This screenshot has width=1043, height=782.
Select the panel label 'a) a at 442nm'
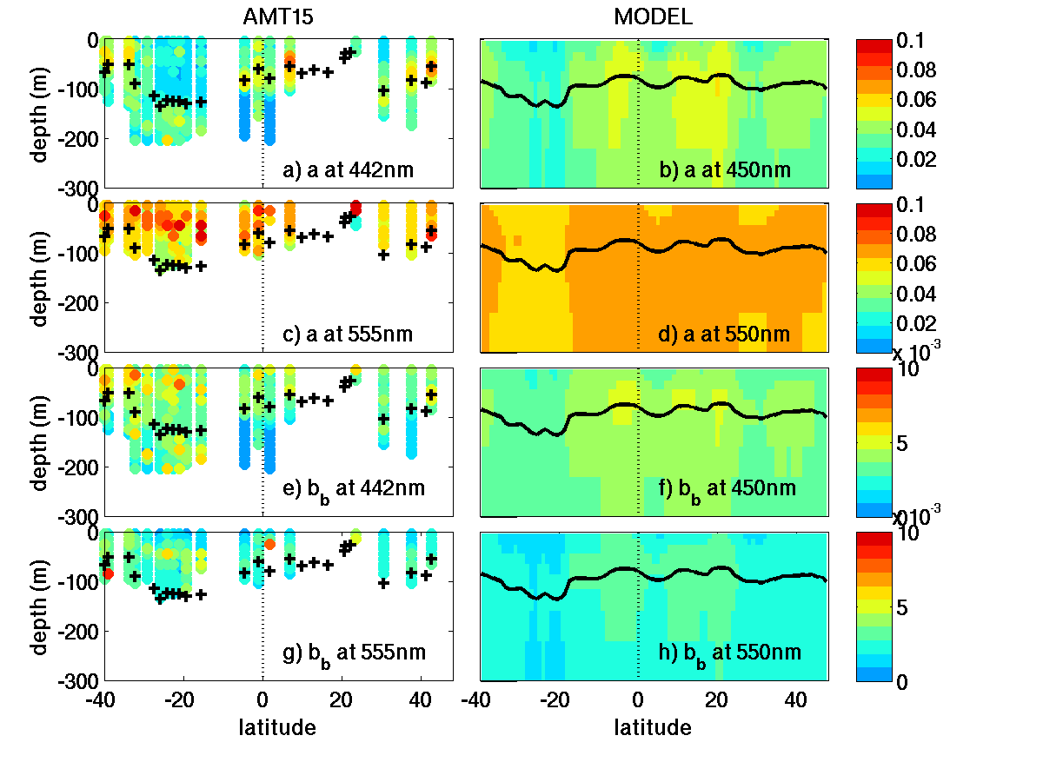coord(349,170)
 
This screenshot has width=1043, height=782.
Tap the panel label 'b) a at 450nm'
coord(725,170)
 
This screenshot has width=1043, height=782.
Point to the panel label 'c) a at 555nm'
coord(349,334)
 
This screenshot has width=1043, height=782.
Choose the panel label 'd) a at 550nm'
coord(725,334)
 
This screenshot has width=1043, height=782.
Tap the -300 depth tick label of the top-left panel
coord(76,187)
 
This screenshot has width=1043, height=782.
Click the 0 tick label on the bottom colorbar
coord(905,681)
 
